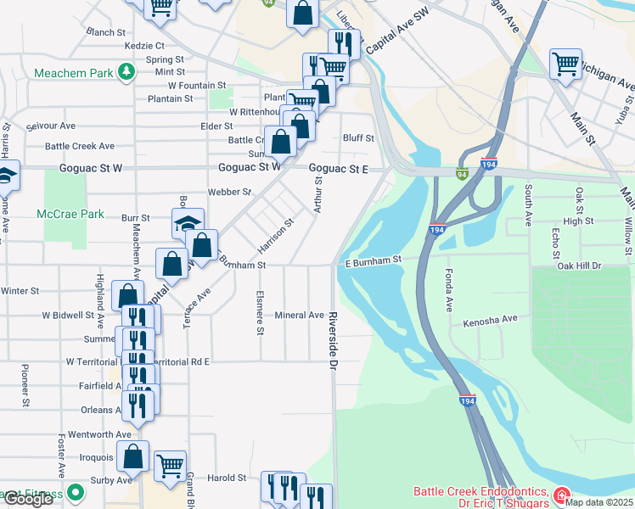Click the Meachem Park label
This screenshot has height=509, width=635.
(x=73, y=73)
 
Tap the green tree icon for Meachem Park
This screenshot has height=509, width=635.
(x=126, y=71)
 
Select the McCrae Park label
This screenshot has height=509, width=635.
(x=70, y=215)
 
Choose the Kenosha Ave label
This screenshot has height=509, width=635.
(x=490, y=322)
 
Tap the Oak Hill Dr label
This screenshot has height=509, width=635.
(x=579, y=266)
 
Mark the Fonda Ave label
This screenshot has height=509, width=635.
(x=447, y=290)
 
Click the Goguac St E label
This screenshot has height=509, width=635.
(x=338, y=169)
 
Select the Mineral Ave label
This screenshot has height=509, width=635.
(x=299, y=316)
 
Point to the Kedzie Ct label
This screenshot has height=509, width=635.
(x=143, y=45)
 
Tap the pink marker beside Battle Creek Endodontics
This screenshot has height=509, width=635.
(x=560, y=495)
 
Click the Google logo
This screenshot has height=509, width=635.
(x=28, y=500)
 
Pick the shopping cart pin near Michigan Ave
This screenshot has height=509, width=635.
(x=565, y=64)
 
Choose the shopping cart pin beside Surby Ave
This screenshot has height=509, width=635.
(x=171, y=465)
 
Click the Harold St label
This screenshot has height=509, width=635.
(x=227, y=478)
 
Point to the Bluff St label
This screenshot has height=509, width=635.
(x=358, y=138)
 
